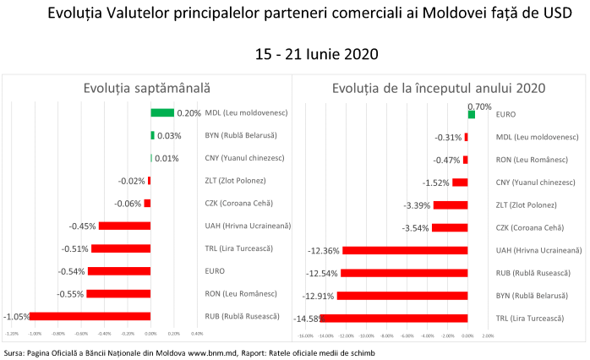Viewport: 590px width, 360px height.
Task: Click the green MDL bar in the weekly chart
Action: coord(162,112)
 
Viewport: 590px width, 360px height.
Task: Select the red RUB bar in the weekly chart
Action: coord(90,316)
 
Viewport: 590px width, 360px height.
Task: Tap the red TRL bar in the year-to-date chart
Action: coord(394,318)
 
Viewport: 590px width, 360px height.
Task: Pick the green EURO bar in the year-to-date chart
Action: coord(471,114)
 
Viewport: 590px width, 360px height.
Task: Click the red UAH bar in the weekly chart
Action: coord(124,226)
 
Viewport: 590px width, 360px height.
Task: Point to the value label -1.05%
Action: coord(16,316)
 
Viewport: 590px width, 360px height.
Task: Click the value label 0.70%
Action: coord(478,106)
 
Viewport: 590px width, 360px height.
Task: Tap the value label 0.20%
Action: coord(189,112)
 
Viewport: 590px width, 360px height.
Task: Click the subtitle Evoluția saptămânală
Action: coord(147,88)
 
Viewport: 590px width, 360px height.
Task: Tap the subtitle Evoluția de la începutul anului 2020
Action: coord(438,88)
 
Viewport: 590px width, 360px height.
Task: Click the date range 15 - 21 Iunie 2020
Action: coord(317,53)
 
